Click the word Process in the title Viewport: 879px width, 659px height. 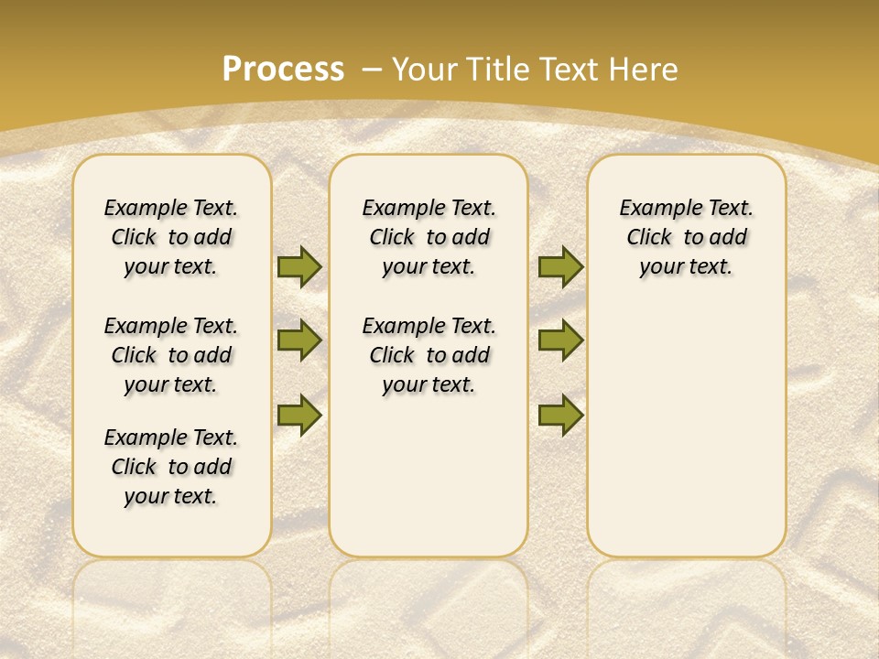click(x=283, y=69)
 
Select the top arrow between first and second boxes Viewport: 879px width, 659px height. click(x=299, y=266)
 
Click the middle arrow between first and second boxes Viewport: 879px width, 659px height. click(x=299, y=340)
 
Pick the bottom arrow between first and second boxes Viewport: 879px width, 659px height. click(x=299, y=414)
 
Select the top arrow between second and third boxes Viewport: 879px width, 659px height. click(x=560, y=266)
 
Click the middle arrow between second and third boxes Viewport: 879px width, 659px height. click(x=560, y=340)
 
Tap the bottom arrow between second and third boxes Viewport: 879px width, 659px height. click(x=560, y=416)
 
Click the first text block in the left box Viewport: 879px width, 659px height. click(x=171, y=237)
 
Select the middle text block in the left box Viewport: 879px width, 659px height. click(x=171, y=355)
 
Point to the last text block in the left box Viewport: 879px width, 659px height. click(x=171, y=467)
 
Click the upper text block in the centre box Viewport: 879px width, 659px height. click(x=429, y=237)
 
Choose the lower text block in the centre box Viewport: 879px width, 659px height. click(x=429, y=355)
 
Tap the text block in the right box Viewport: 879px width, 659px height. click(x=687, y=237)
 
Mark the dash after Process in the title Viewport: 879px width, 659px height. click(x=372, y=70)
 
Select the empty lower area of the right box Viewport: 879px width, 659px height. click(x=687, y=430)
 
